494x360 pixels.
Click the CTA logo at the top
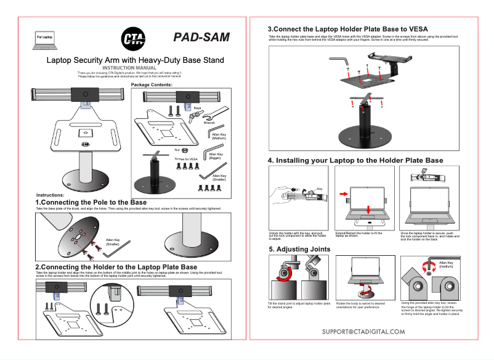pos(133,38)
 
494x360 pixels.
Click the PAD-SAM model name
pos(201,37)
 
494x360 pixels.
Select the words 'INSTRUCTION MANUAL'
pos(134,67)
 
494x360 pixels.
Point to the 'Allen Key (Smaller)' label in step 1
pos(113,242)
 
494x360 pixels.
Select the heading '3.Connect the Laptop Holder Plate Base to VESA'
pos(348,29)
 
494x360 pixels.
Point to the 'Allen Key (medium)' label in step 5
pos(446,265)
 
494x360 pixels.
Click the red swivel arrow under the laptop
pos(368,290)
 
